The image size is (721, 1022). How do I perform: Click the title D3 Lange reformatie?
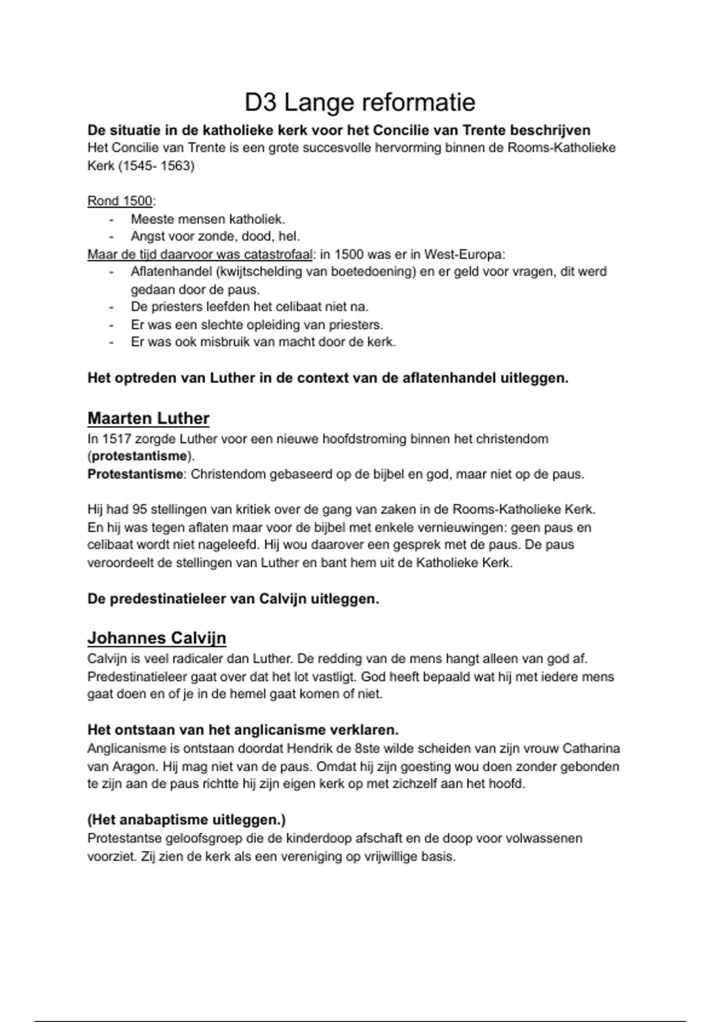(x=360, y=103)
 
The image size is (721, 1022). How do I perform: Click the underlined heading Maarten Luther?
(x=148, y=418)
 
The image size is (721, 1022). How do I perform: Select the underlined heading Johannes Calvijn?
(x=157, y=638)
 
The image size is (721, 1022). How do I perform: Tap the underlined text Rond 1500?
(x=120, y=201)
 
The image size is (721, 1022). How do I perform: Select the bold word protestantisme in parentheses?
(x=139, y=456)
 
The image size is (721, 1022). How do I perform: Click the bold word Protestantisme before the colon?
(x=135, y=474)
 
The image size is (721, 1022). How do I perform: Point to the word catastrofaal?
(x=278, y=254)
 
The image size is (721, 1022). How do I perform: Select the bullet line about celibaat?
(x=249, y=307)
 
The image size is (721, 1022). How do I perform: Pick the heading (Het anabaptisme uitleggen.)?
(x=186, y=820)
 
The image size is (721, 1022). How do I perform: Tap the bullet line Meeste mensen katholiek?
(x=208, y=219)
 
